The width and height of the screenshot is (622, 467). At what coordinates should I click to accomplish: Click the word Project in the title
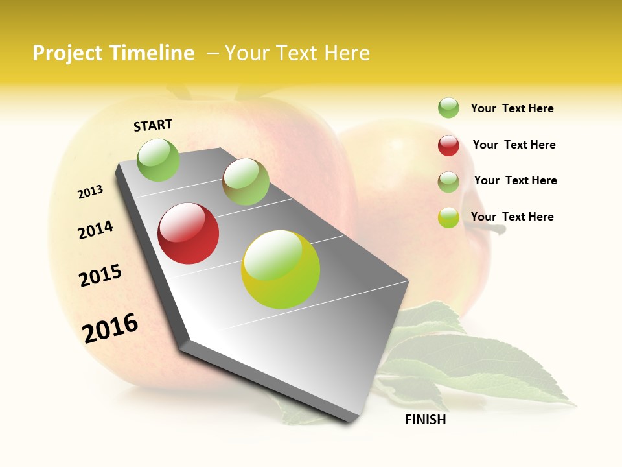(x=67, y=53)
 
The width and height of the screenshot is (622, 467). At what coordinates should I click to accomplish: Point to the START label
(x=153, y=125)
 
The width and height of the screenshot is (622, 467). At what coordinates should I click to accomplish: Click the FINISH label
(x=425, y=420)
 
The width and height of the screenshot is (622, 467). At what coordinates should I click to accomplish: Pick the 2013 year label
(x=90, y=192)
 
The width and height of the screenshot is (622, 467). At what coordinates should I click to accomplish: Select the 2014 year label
(x=95, y=230)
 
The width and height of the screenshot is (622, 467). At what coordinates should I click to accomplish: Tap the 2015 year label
(x=100, y=276)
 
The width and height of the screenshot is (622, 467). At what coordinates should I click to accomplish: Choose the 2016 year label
(x=110, y=328)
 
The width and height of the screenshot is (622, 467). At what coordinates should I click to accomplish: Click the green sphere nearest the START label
(x=158, y=160)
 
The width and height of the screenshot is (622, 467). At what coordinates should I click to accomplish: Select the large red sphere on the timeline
(x=189, y=233)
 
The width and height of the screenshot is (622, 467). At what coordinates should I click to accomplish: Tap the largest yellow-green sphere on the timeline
(x=281, y=269)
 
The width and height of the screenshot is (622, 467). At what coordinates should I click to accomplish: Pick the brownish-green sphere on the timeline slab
(x=246, y=182)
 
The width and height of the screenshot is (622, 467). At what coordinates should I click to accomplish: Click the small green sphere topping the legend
(x=448, y=108)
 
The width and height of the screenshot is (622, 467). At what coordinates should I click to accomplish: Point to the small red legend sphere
(x=448, y=145)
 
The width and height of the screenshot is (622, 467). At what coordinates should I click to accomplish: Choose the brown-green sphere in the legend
(x=448, y=182)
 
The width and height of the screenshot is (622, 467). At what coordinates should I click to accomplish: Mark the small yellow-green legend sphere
(x=448, y=217)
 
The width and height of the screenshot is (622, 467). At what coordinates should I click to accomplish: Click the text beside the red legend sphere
(x=514, y=145)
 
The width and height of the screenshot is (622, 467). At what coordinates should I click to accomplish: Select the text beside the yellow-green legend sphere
(x=512, y=217)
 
